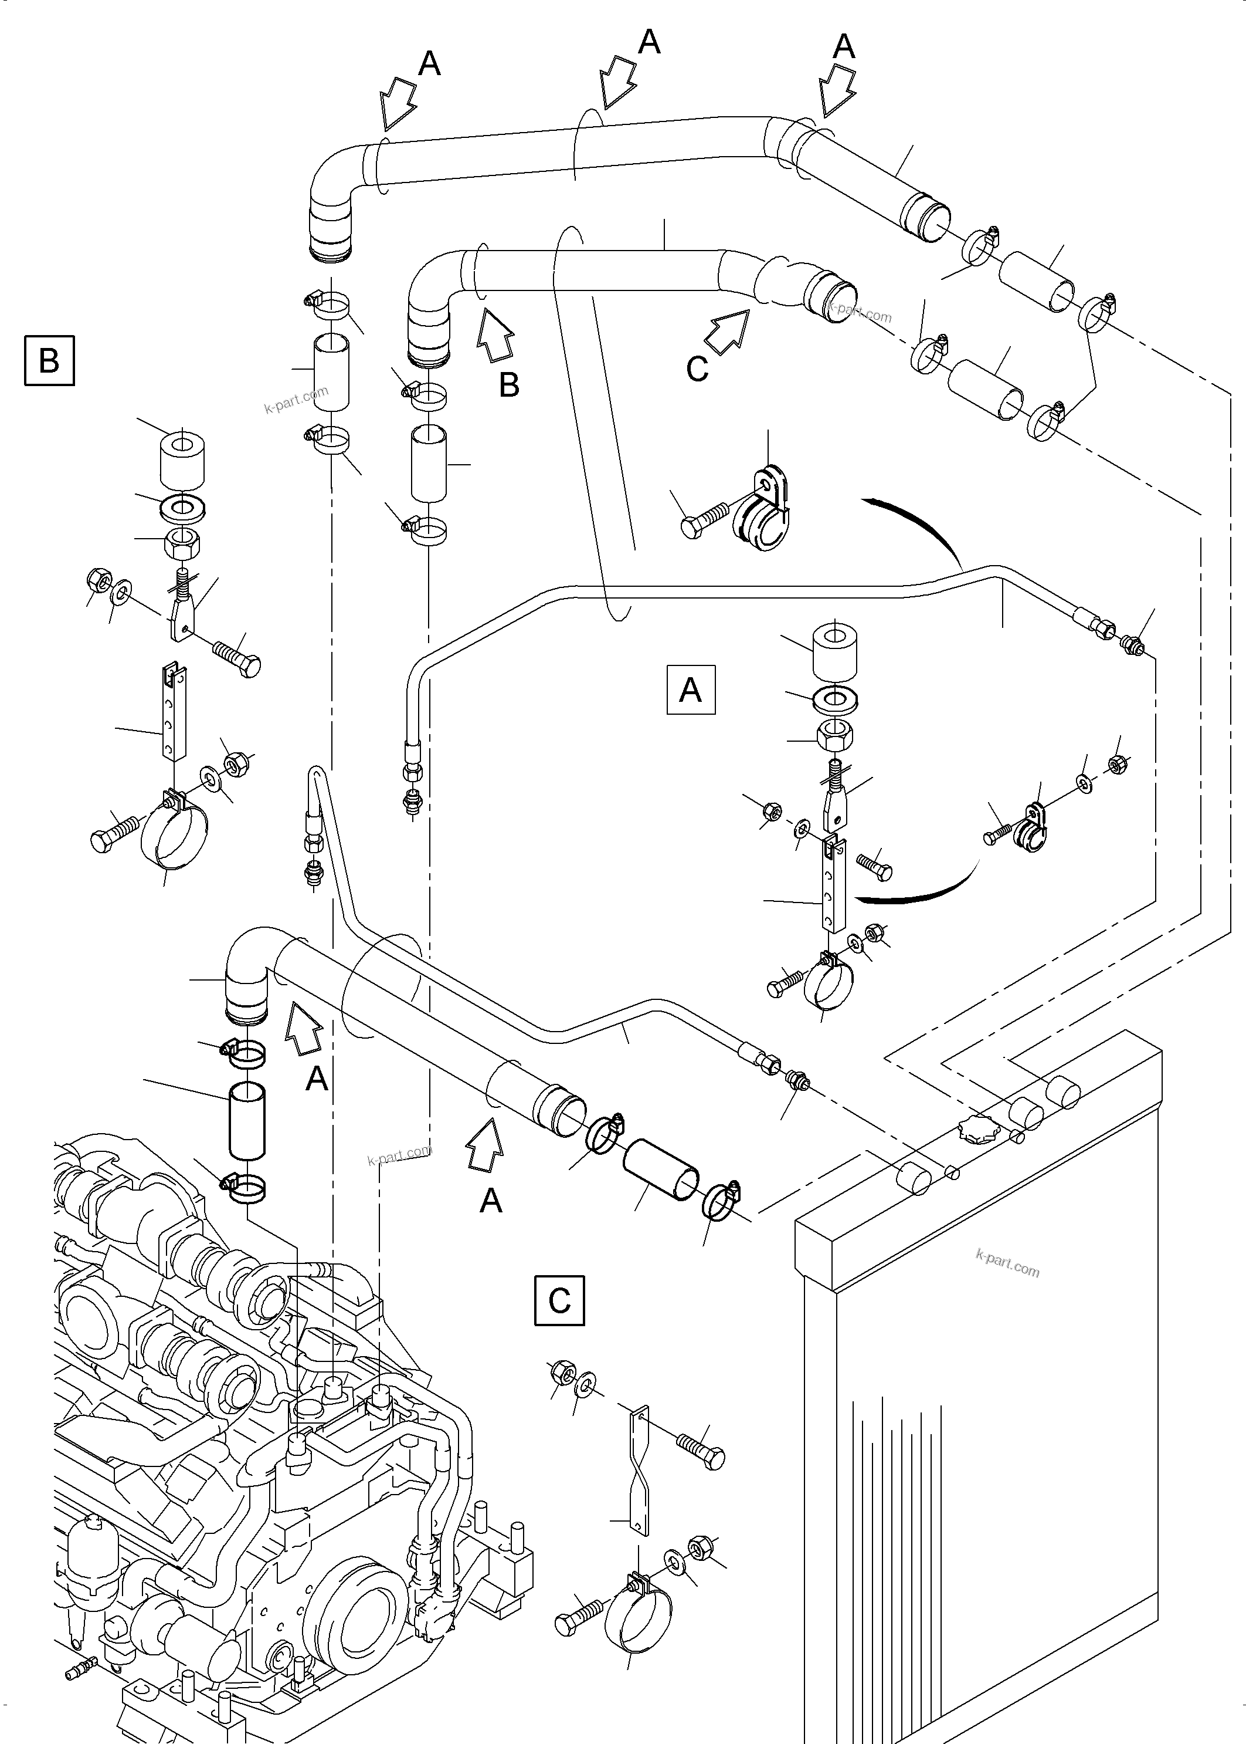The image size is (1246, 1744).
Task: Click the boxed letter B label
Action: coord(49,360)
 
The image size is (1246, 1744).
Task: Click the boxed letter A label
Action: coord(691,690)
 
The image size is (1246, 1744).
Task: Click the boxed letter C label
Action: coord(559,1300)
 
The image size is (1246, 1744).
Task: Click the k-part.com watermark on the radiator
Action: coord(1007,1263)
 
